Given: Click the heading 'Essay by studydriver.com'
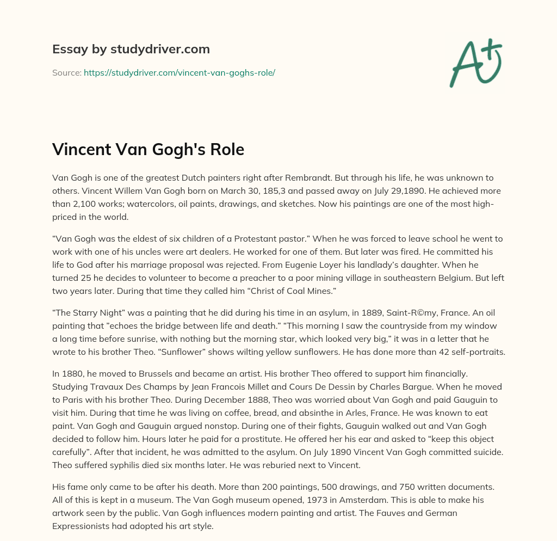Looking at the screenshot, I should pos(131,50).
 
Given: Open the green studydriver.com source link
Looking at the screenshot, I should pos(179,72).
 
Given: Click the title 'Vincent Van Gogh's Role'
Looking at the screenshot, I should pos(148,150).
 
